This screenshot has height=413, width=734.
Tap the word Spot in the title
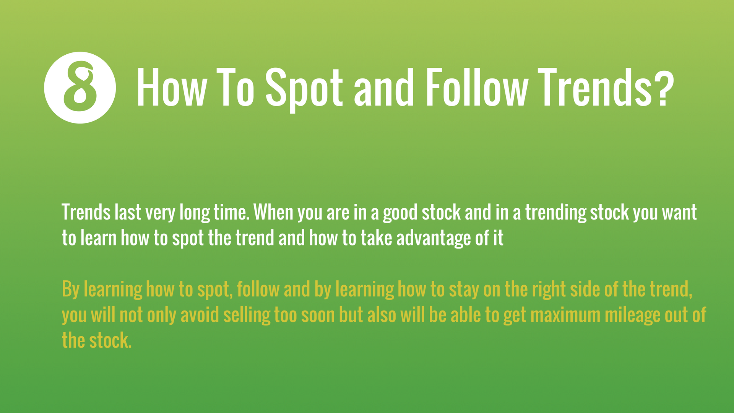tap(304, 89)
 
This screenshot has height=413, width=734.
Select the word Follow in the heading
tap(477, 87)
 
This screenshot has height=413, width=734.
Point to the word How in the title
tap(172, 87)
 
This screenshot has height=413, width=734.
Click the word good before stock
tap(400, 213)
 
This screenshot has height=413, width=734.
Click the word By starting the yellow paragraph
tap(70, 289)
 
